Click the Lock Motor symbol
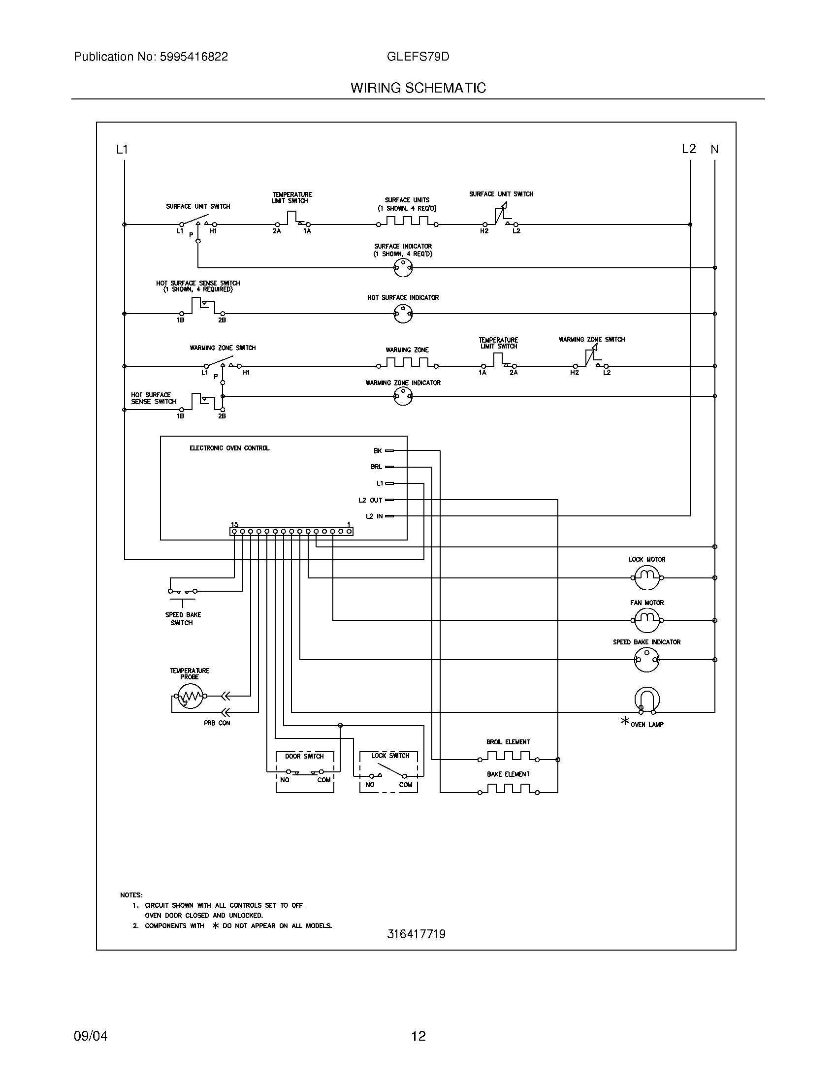click(646, 578)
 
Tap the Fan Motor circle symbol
click(646, 620)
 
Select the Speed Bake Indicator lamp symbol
click(646, 660)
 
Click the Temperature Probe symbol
click(190, 696)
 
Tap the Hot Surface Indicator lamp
click(403, 314)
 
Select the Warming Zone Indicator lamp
click(403, 396)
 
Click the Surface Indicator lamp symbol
click(403, 268)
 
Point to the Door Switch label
click(304, 756)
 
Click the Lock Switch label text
click(391, 756)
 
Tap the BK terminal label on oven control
click(378, 451)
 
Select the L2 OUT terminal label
click(370, 500)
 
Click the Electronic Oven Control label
click(229, 448)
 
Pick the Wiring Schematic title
click(418, 88)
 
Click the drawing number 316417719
click(416, 934)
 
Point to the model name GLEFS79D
click(418, 57)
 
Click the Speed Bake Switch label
click(183, 619)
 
